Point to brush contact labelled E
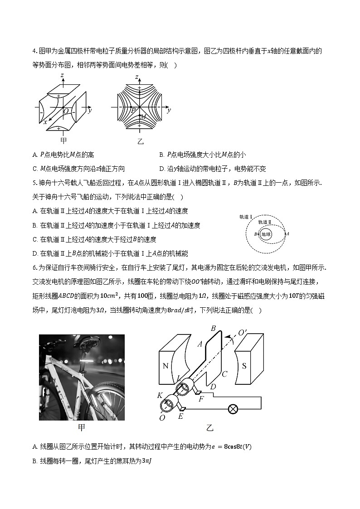tap(181, 416)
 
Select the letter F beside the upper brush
tap(201, 399)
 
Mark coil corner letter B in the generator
tap(214, 328)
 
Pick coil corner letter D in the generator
tap(213, 386)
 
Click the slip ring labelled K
tap(160, 396)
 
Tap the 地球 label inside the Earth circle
tap(266, 234)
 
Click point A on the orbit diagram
tap(287, 234)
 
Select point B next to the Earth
tap(256, 234)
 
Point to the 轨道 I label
tap(246, 217)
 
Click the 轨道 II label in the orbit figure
tap(265, 222)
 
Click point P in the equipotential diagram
tap(133, 110)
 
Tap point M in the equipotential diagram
tap(142, 117)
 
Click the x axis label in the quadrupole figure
tap(45, 122)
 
